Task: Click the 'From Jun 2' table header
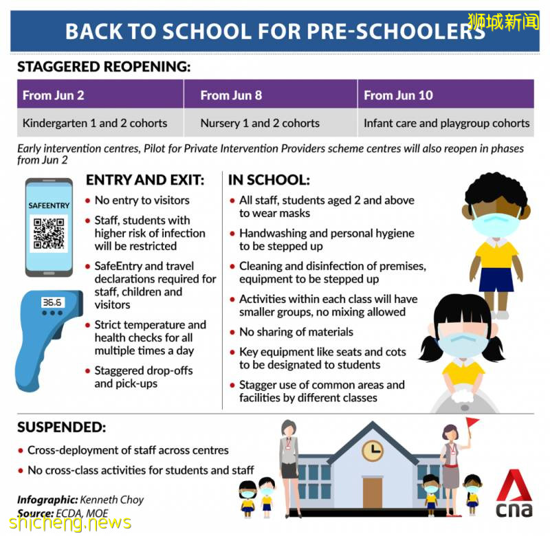coord(54,95)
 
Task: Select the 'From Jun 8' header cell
coord(231,95)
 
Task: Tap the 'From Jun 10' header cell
coord(399,95)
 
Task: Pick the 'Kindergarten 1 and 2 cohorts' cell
coord(95,124)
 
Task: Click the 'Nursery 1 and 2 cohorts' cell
coord(260,124)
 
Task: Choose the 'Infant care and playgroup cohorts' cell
coord(446,124)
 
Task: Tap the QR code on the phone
coord(48,232)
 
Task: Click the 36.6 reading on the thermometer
coord(52,302)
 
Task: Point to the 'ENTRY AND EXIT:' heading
coord(144,180)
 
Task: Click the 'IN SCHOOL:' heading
coord(269,180)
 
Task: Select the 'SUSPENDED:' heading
coord(61,427)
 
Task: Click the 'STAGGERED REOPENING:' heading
coord(103,67)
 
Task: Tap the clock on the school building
coord(373,450)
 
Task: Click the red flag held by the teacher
coord(472,423)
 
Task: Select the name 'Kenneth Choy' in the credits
coord(112,500)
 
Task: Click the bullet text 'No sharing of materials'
coord(296,332)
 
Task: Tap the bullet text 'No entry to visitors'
coord(142,201)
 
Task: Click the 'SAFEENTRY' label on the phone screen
coord(48,205)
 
